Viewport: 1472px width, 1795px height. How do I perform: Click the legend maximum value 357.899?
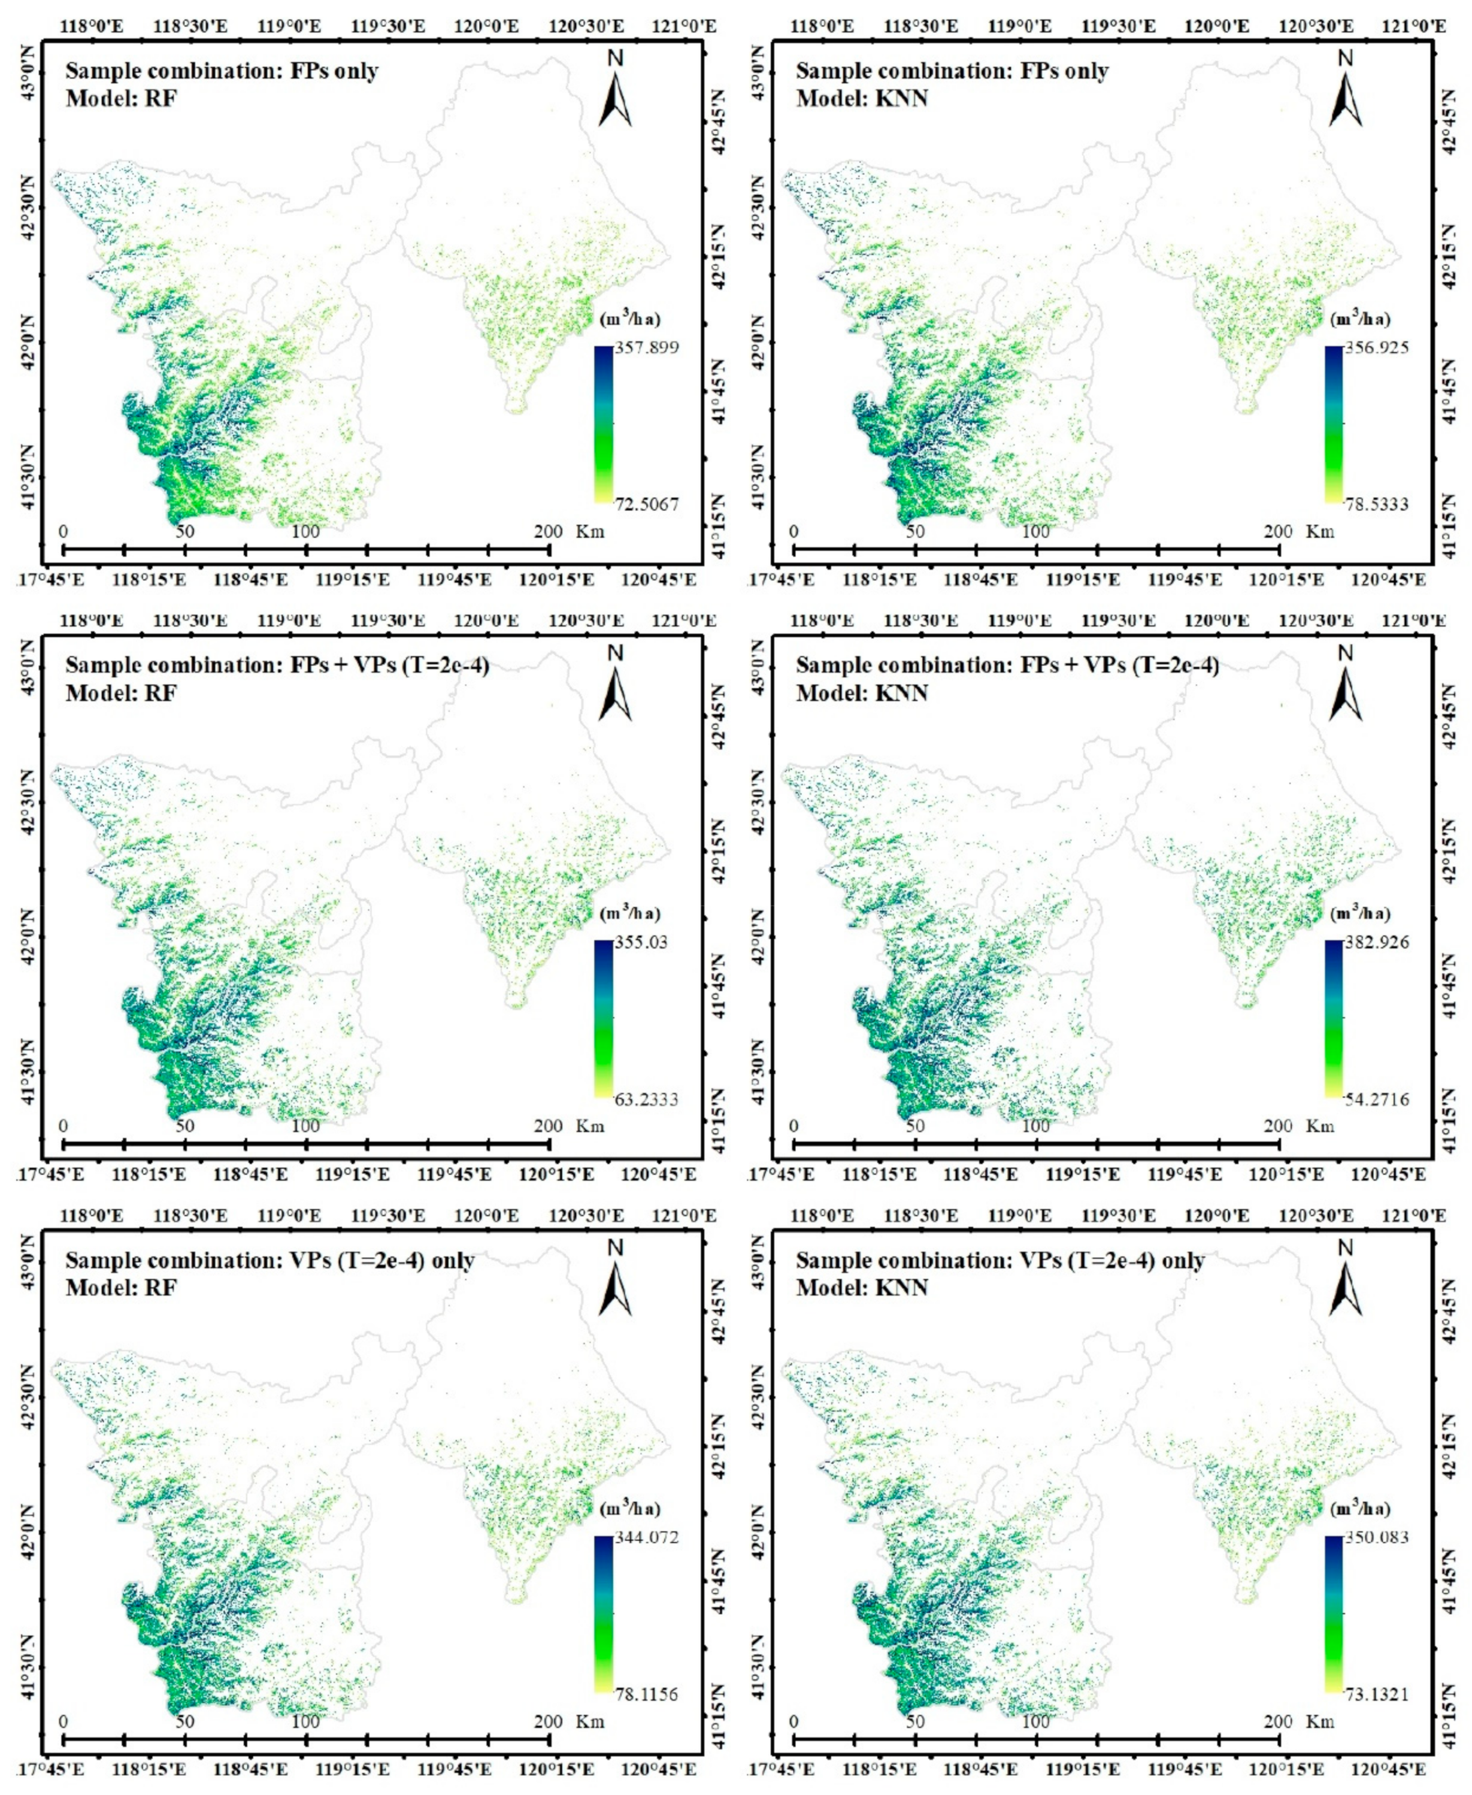[x=646, y=347]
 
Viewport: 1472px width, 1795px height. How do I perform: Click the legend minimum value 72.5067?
[x=646, y=504]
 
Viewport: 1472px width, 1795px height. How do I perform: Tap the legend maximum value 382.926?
[x=1376, y=942]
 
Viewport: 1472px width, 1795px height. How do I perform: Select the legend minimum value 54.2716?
[x=1376, y=1100]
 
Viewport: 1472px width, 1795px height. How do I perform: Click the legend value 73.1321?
[x=1376, y=1695]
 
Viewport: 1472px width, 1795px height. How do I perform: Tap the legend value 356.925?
[x=1376, y=347]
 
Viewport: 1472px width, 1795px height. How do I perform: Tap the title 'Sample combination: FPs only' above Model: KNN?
[x=952, y=71]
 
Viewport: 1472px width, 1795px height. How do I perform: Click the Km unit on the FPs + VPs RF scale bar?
[x=590, y=1126]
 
